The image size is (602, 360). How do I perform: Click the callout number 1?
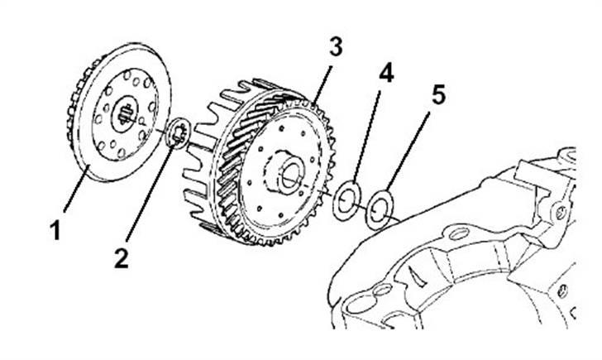pyautogui.click(x=55, y=229)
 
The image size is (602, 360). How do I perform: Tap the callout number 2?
pyautogui.click(x=122, y=257)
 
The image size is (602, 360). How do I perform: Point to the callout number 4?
pyautogui.click(x=385, y=73)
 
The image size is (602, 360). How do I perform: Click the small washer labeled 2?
pyautogui.click(x=179, y=132)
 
